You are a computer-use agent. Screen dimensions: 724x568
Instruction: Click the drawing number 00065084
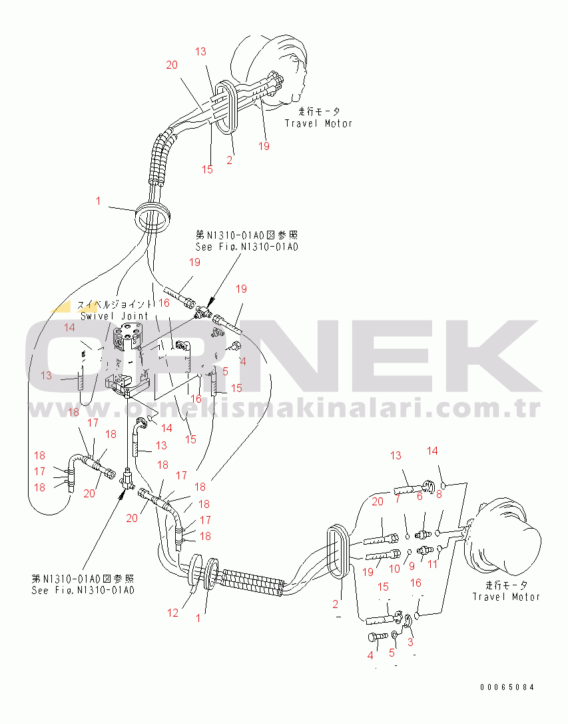click(x=507, y=687)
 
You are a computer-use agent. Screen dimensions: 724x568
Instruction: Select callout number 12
click(x=173, y=613)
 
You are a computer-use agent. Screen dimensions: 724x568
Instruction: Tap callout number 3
click(x=410, y=642)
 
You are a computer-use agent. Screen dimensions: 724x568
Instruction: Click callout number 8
click(x=439, y=494)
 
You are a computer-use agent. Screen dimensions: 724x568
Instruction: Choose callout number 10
click(x=394, y=569)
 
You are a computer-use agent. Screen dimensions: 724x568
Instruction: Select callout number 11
click(x=433, y=564)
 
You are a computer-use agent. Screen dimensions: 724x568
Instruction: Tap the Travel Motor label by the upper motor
click(x=318, y=123)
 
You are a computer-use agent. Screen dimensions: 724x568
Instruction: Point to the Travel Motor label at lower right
click(x=506, y=597)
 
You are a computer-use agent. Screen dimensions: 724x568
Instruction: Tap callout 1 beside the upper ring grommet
click(x=99, y=201)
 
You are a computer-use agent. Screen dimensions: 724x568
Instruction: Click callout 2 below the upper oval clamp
click(x=230, y=160)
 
